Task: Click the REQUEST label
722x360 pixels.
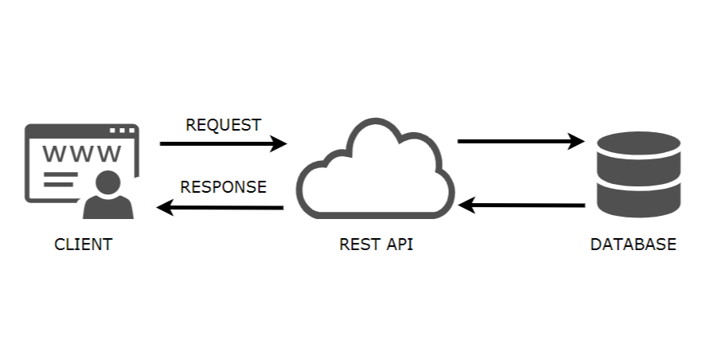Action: point(223,125)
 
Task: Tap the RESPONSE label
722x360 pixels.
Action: point(223,187)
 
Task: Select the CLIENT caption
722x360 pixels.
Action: point(83,245)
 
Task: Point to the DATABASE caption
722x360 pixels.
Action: point(633,245)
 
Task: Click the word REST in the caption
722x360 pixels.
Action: point(357,245)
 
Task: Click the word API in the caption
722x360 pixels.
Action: point(398,245)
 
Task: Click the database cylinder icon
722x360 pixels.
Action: point(638,173)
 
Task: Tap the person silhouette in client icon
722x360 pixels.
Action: point(107,195)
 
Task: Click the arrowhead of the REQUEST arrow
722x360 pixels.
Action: point(278,143)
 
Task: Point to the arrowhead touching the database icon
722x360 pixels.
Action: point(576,142)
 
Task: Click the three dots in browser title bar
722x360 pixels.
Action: point(122,130)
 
